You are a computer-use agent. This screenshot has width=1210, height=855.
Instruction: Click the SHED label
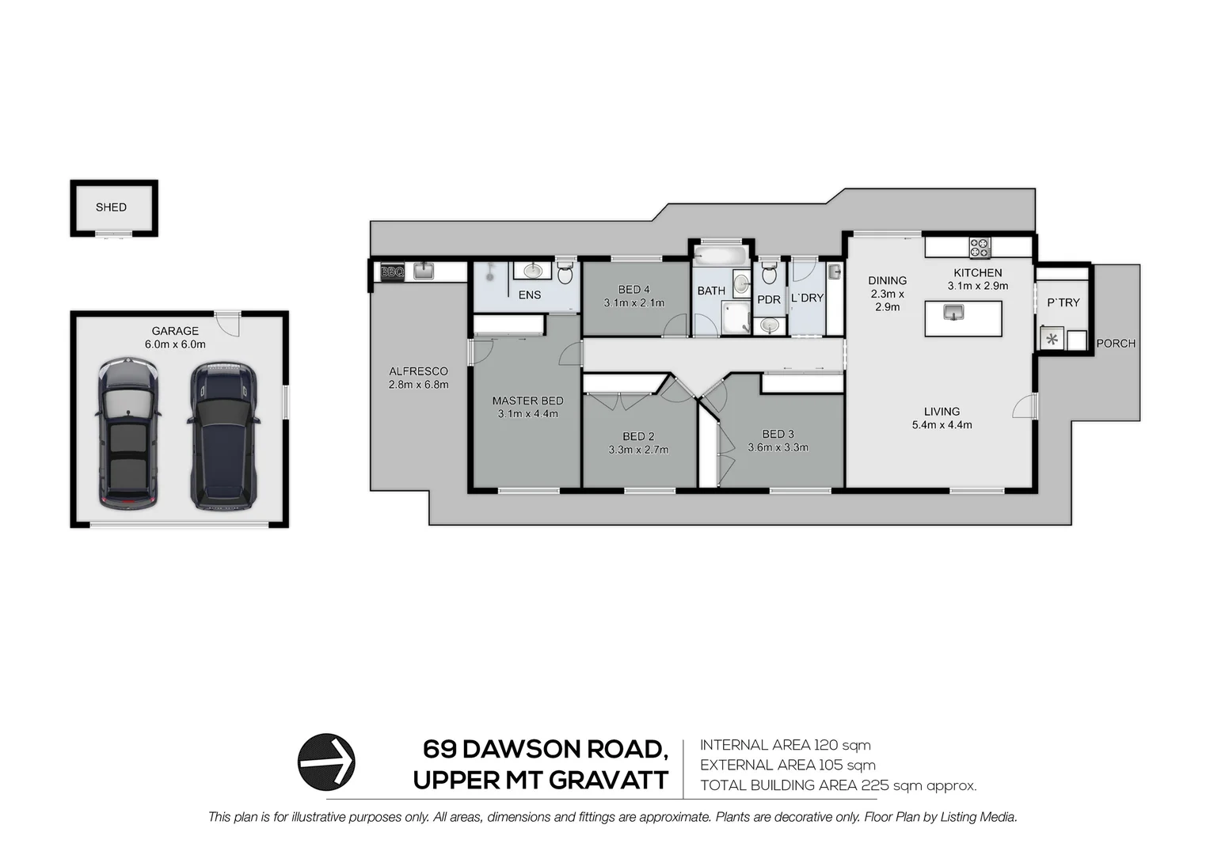pyautogui.click(x=111, y=207)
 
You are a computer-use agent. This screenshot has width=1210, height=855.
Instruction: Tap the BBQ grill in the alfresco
pyautogui.click(x=393, y=272)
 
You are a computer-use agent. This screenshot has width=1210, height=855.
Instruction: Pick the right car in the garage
pyautogui.click(x=223, y=435)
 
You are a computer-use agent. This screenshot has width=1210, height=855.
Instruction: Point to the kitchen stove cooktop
pyautogui.click(x=980, y=248)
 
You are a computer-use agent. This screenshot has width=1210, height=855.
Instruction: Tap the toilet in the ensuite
pyautogui.click(x=565, y=274)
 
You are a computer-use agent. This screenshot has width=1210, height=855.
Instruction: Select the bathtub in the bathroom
pyautogui.click(x=720, y=256)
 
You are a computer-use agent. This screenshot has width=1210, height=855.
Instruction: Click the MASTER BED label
pyautogui.click(x=527, y=401)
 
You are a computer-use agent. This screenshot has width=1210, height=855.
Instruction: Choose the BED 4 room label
pyautogui.click(x=634, y=290)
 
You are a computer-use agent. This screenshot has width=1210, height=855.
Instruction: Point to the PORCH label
pyautogui.click(x=1116, y=344)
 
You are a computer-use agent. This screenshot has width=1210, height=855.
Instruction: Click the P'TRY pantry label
pyautogui.click(x=1063, y=302)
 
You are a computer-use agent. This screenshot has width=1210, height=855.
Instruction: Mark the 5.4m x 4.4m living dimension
pyautogui.click(x=942, y=425)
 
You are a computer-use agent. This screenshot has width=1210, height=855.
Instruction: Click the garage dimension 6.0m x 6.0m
pyautogui.click(x=175, y=344)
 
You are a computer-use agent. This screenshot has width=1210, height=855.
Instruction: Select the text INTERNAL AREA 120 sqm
pyautogui.click(x=785, y=745)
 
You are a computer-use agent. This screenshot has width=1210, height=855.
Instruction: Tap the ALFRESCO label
pyautogui.click(x=418, y=371)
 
